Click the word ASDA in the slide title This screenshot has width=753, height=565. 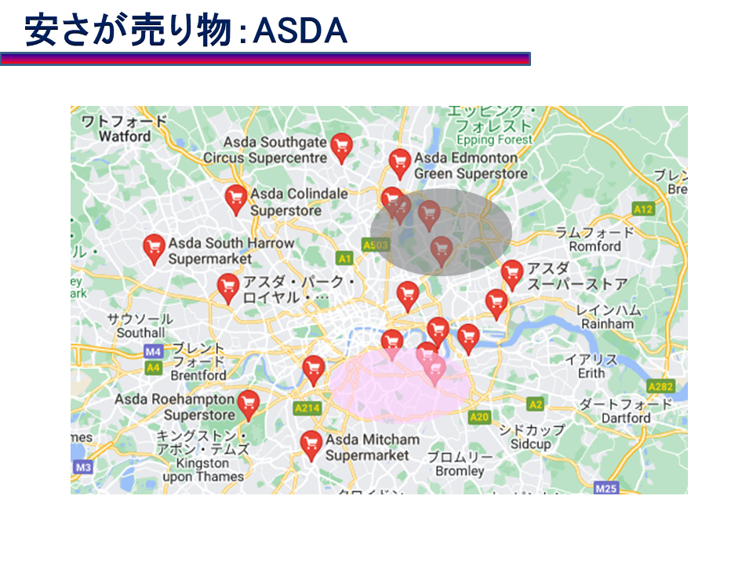click(301, 31)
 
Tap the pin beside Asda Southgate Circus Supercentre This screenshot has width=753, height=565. click(340, 147)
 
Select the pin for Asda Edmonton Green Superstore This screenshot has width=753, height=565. click(400, 162)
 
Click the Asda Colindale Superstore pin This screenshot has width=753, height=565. click(235, 199)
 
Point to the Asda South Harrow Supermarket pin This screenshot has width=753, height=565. click(154, 248)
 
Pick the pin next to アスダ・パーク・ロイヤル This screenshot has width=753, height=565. click(227, 286)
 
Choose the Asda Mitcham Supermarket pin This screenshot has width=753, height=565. click(311, 443)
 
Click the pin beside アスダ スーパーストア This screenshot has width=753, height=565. click(512, 274)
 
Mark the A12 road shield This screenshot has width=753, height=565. click(644, 209)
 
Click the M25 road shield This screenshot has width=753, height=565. click(606, 488)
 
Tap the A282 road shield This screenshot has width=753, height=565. click(661, 387)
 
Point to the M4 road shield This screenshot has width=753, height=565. click(153, 351)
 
